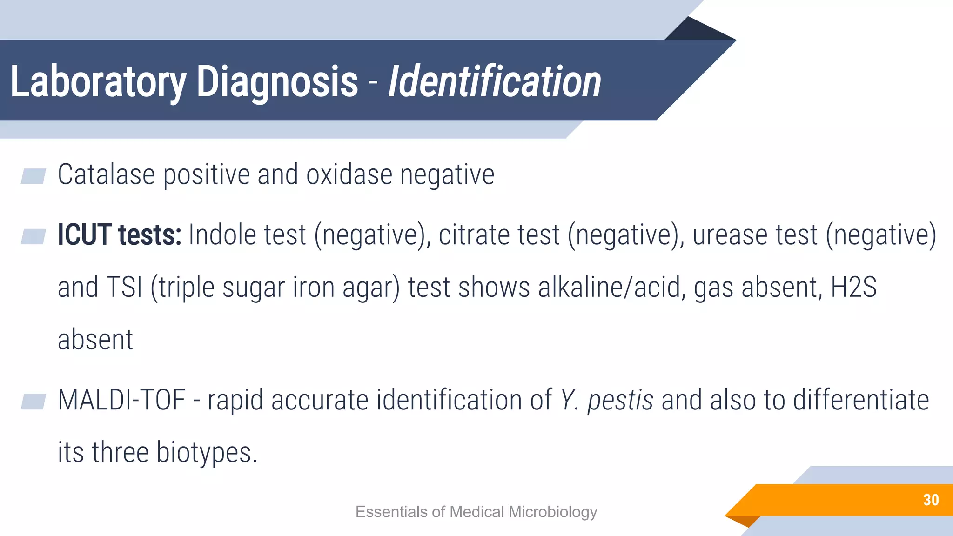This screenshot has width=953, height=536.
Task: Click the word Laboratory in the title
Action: (98, 82)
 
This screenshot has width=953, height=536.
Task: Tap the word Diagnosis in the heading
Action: (277, 82)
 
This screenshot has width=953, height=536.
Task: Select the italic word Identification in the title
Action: (494, 82)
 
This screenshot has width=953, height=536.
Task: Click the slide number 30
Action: (931, 500)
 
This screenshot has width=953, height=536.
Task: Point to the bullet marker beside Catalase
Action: (33, 176)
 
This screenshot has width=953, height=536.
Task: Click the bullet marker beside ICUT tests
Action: (33, 236)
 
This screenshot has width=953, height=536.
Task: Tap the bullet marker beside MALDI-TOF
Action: (33, 402)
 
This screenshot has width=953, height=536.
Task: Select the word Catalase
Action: (106, 175)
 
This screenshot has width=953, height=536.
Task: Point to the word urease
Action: (730, 235)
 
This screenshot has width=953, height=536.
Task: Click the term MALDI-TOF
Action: (121, 400)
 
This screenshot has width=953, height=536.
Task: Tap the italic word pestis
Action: (620, 401)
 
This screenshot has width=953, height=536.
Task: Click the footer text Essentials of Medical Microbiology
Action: (476, 512)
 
